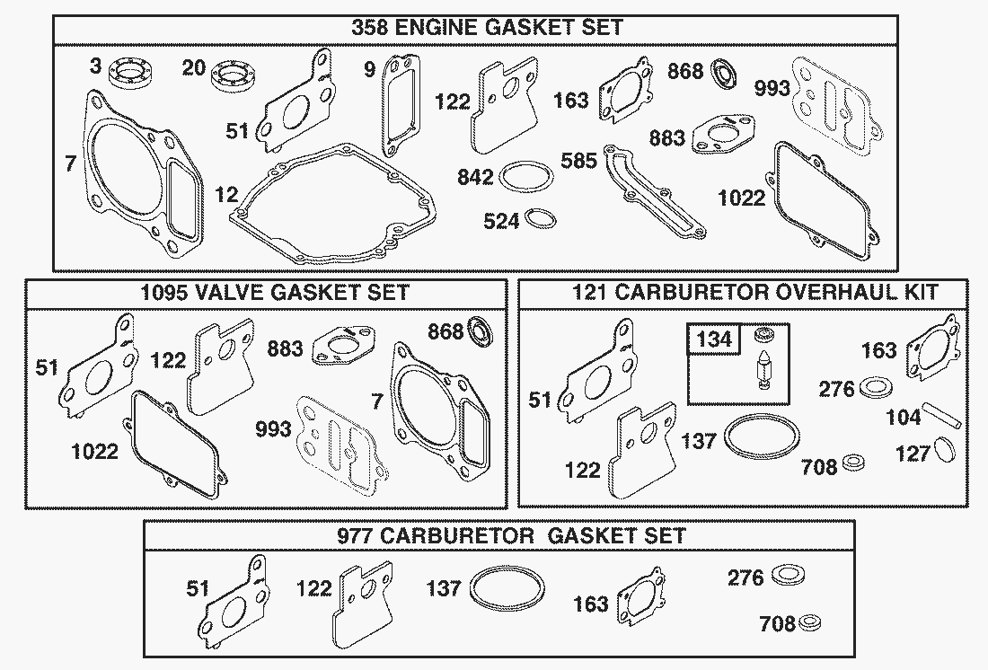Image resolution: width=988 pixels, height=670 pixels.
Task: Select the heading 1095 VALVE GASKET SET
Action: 274,293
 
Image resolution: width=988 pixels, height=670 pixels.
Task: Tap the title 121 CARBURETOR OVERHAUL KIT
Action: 755,293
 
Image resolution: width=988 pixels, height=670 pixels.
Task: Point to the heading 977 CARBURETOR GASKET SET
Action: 511,536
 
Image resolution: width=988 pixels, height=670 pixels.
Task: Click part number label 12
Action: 226,193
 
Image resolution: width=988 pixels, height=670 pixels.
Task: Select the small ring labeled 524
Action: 543,217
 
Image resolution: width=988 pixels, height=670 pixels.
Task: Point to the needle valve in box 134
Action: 762,371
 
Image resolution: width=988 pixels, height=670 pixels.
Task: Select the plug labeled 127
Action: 944,449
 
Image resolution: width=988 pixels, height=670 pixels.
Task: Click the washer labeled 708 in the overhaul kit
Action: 855,463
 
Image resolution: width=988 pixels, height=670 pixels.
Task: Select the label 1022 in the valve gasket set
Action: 95,450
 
